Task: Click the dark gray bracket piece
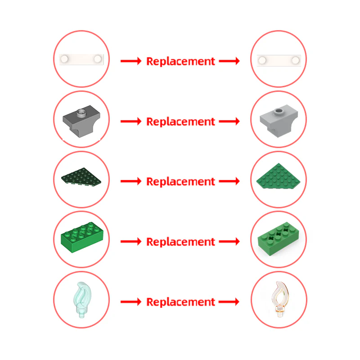coord(81,121)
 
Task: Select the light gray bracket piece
coord(279,121)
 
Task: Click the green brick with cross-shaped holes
coord(279,239)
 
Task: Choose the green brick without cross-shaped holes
coord(82,238)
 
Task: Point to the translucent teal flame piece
coord(82,300)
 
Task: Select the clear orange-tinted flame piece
coord(280,299)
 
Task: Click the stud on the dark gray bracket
coord(81,113)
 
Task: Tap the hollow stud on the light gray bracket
coord(279,112)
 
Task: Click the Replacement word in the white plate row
coord(181,62)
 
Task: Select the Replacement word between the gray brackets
coord(181,121)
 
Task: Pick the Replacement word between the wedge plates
coord(181,182)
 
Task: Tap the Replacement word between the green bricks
coord(181,242)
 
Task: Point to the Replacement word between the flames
coord(181,302)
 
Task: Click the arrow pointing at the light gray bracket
coord(229,121)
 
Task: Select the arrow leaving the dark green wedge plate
coord(131,181)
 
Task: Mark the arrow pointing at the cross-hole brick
coord(229,241)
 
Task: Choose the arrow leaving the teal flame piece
coord(131,301)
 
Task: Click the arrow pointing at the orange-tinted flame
coord(229,301)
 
